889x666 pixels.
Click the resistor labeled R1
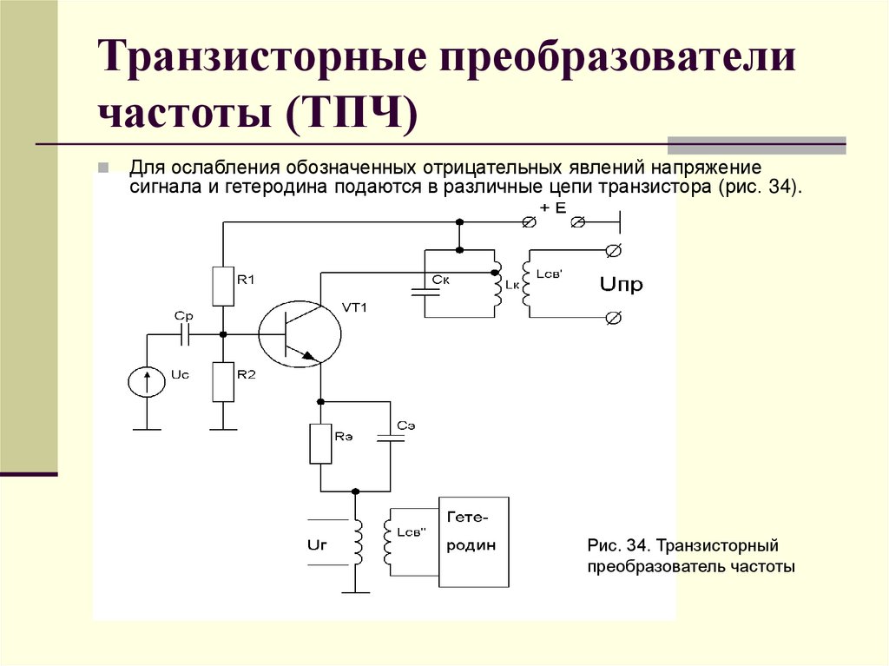pos(224,287)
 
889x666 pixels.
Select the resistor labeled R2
pos(224,382)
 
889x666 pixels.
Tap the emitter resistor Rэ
pos(320,443)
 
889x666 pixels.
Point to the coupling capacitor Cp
pos(184,333)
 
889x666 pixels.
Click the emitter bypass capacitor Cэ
pos(390,439)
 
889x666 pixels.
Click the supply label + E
pos(552,208)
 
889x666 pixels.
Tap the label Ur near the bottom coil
pos(319,545)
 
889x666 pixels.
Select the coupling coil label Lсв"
pos(411,532)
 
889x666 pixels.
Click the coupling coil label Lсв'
pos(550,274)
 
